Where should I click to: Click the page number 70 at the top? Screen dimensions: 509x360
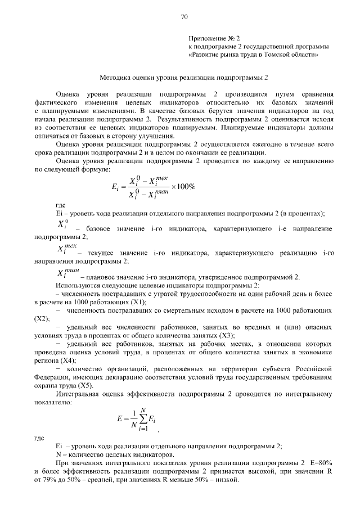tap(184, 17)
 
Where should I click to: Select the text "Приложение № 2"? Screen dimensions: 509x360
tap(214, 38)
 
